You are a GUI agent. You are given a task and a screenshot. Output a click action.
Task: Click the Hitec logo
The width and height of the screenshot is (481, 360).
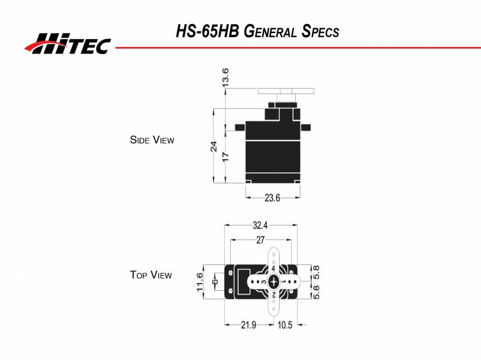[67, 43]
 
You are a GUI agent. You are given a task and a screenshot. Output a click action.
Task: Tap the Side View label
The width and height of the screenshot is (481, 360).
[152, 140]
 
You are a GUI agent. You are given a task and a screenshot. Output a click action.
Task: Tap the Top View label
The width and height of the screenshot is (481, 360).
[150, 275]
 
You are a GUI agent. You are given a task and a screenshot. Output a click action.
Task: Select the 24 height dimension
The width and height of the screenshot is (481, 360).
[213, 147]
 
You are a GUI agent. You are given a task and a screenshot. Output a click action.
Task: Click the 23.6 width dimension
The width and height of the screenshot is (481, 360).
[273, 197]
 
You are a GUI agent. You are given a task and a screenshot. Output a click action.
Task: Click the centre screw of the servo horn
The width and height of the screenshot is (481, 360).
[274, 281]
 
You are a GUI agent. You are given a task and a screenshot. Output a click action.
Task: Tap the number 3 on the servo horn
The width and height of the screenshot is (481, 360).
[264, 281]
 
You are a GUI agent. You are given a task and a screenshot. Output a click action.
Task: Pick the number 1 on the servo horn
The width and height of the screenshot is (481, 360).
[284, 281]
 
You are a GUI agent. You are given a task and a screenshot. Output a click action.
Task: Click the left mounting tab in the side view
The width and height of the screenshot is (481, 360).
[240, 127]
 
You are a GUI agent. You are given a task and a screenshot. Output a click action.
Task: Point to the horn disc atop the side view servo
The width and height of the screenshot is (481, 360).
[286, 91]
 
